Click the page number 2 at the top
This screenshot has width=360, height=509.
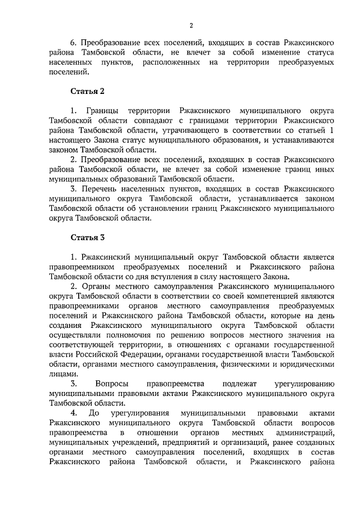(x=191, y=25)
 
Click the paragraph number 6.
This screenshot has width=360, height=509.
(x=73, y=42)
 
